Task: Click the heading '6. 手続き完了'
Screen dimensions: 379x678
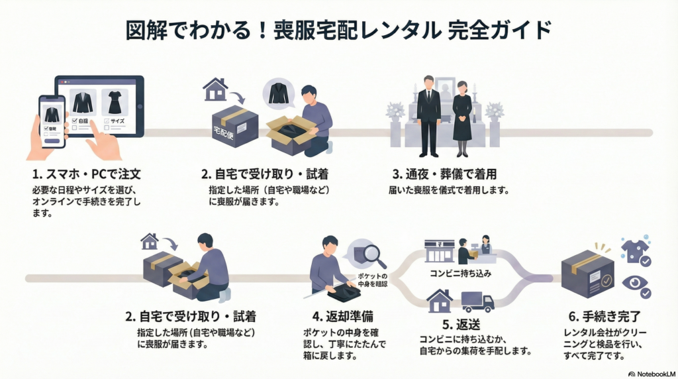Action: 601,315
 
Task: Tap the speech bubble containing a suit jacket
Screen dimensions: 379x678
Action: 279,93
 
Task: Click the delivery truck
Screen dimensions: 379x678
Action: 477,301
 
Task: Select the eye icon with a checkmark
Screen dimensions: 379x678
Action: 635,286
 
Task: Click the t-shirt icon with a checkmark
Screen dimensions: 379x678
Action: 634,251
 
